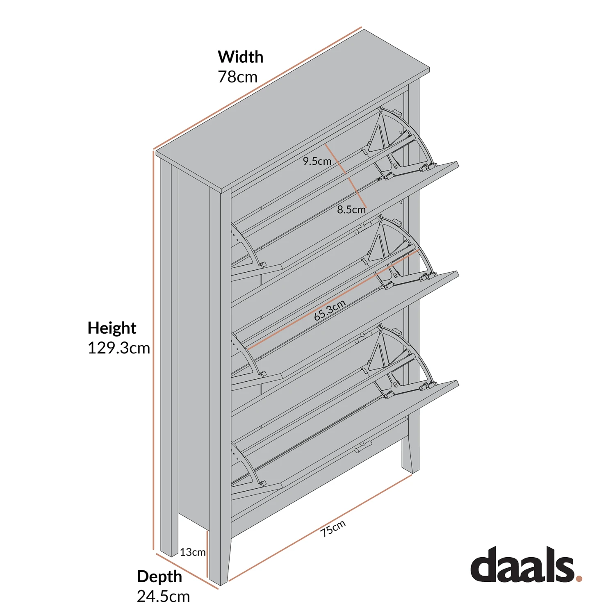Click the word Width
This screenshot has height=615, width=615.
point(240,57)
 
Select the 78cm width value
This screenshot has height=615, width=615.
point(237,77)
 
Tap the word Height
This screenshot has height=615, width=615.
point(112,328)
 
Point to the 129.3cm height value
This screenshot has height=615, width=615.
point(118,348)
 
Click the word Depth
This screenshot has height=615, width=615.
point(159,576)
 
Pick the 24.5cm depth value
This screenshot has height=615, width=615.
point(163,596)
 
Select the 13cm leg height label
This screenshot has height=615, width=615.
point(192,552)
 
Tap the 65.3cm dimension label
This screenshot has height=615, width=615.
point(330,310)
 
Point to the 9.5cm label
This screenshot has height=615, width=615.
point(317,161)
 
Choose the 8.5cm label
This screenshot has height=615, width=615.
point(351,210)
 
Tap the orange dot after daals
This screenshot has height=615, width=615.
point(579,579)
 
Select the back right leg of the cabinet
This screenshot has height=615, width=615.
point(410,451)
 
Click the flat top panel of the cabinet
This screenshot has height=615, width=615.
point(291,111)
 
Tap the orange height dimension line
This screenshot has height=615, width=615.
point(154,348)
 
